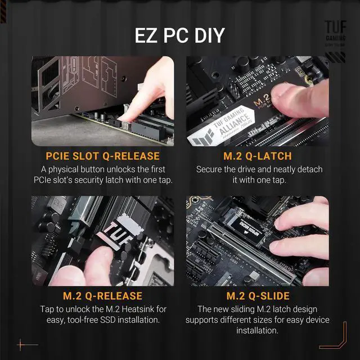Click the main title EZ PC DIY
pyautogui.click(x=179, y=35)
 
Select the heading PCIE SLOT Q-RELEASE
pyautogui.click(x=102, y=156)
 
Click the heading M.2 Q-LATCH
pyautogui.click(x=258, y=156)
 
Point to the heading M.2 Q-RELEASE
pyautogui.click(x=102, y=295)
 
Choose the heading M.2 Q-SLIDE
pyautogui.click(x=258, y=295)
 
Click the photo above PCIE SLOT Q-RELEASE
pyautogui.click(x=102, y=101)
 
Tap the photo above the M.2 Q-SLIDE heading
pyautogui.click(x=258, y=241)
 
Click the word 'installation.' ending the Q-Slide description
pyautogui.click(x=258, y=331)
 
